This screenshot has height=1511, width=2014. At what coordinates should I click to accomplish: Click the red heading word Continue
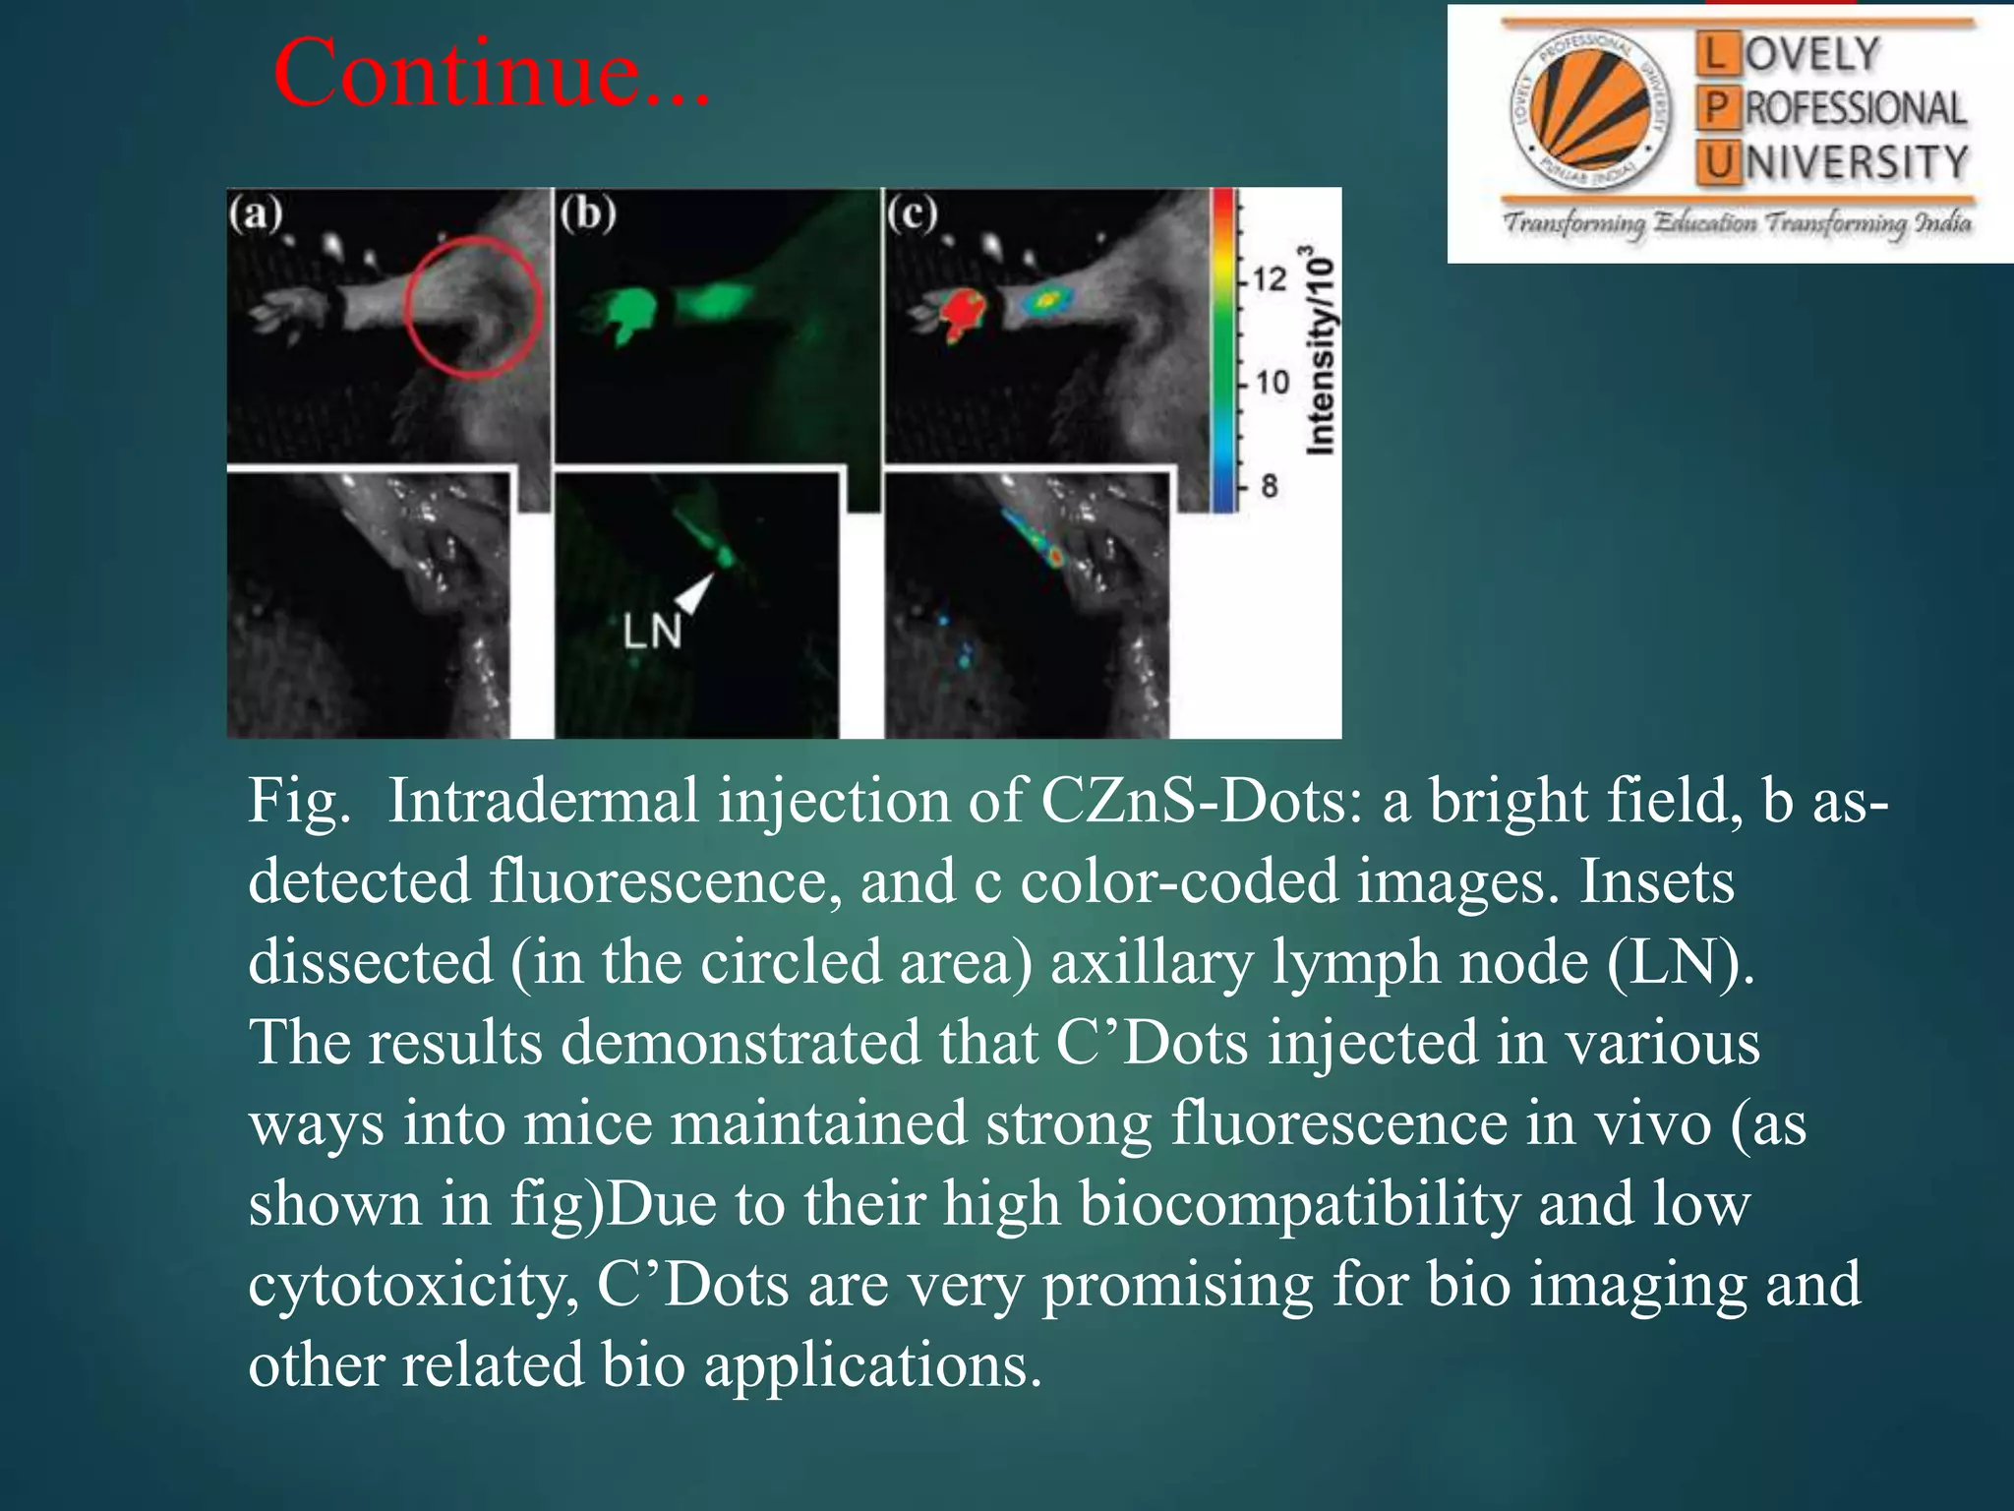coord(490,73)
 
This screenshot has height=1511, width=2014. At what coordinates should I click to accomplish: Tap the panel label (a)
coord(256,213)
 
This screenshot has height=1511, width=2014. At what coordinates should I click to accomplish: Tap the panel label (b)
coord(588,213)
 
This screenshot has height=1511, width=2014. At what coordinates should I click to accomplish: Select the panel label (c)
coord(913,213)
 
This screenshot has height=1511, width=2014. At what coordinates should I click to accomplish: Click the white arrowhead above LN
coord(696,591)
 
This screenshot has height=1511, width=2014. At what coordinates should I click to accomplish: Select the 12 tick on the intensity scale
coord(1269,279)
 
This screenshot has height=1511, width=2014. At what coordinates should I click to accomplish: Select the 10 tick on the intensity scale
coord(1272,382)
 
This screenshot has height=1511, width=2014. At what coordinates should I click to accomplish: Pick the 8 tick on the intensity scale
coord(1269,485)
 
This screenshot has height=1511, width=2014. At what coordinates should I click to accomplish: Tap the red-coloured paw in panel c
coord(959,313)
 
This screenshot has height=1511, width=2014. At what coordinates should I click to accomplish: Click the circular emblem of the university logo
coord(1590,113)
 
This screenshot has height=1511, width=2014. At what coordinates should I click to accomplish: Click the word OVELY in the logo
coord(1812,55)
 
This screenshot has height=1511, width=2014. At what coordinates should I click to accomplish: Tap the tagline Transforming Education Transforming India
coord(1737,222)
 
